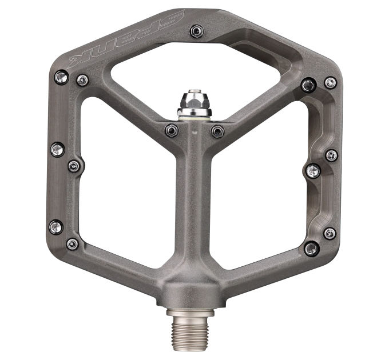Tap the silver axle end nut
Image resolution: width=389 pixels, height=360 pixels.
[194, 103]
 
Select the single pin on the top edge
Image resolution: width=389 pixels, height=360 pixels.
[197, 31]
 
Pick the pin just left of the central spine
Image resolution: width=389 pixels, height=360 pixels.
[172, 130]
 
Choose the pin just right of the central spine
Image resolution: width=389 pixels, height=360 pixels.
[217, 131]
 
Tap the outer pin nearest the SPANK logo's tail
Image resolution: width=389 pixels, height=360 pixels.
[62, 77]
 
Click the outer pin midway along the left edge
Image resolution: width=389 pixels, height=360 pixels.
[58, 150]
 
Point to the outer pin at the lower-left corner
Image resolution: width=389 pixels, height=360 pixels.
[56, 227]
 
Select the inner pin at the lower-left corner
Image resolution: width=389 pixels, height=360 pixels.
[73, 244]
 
